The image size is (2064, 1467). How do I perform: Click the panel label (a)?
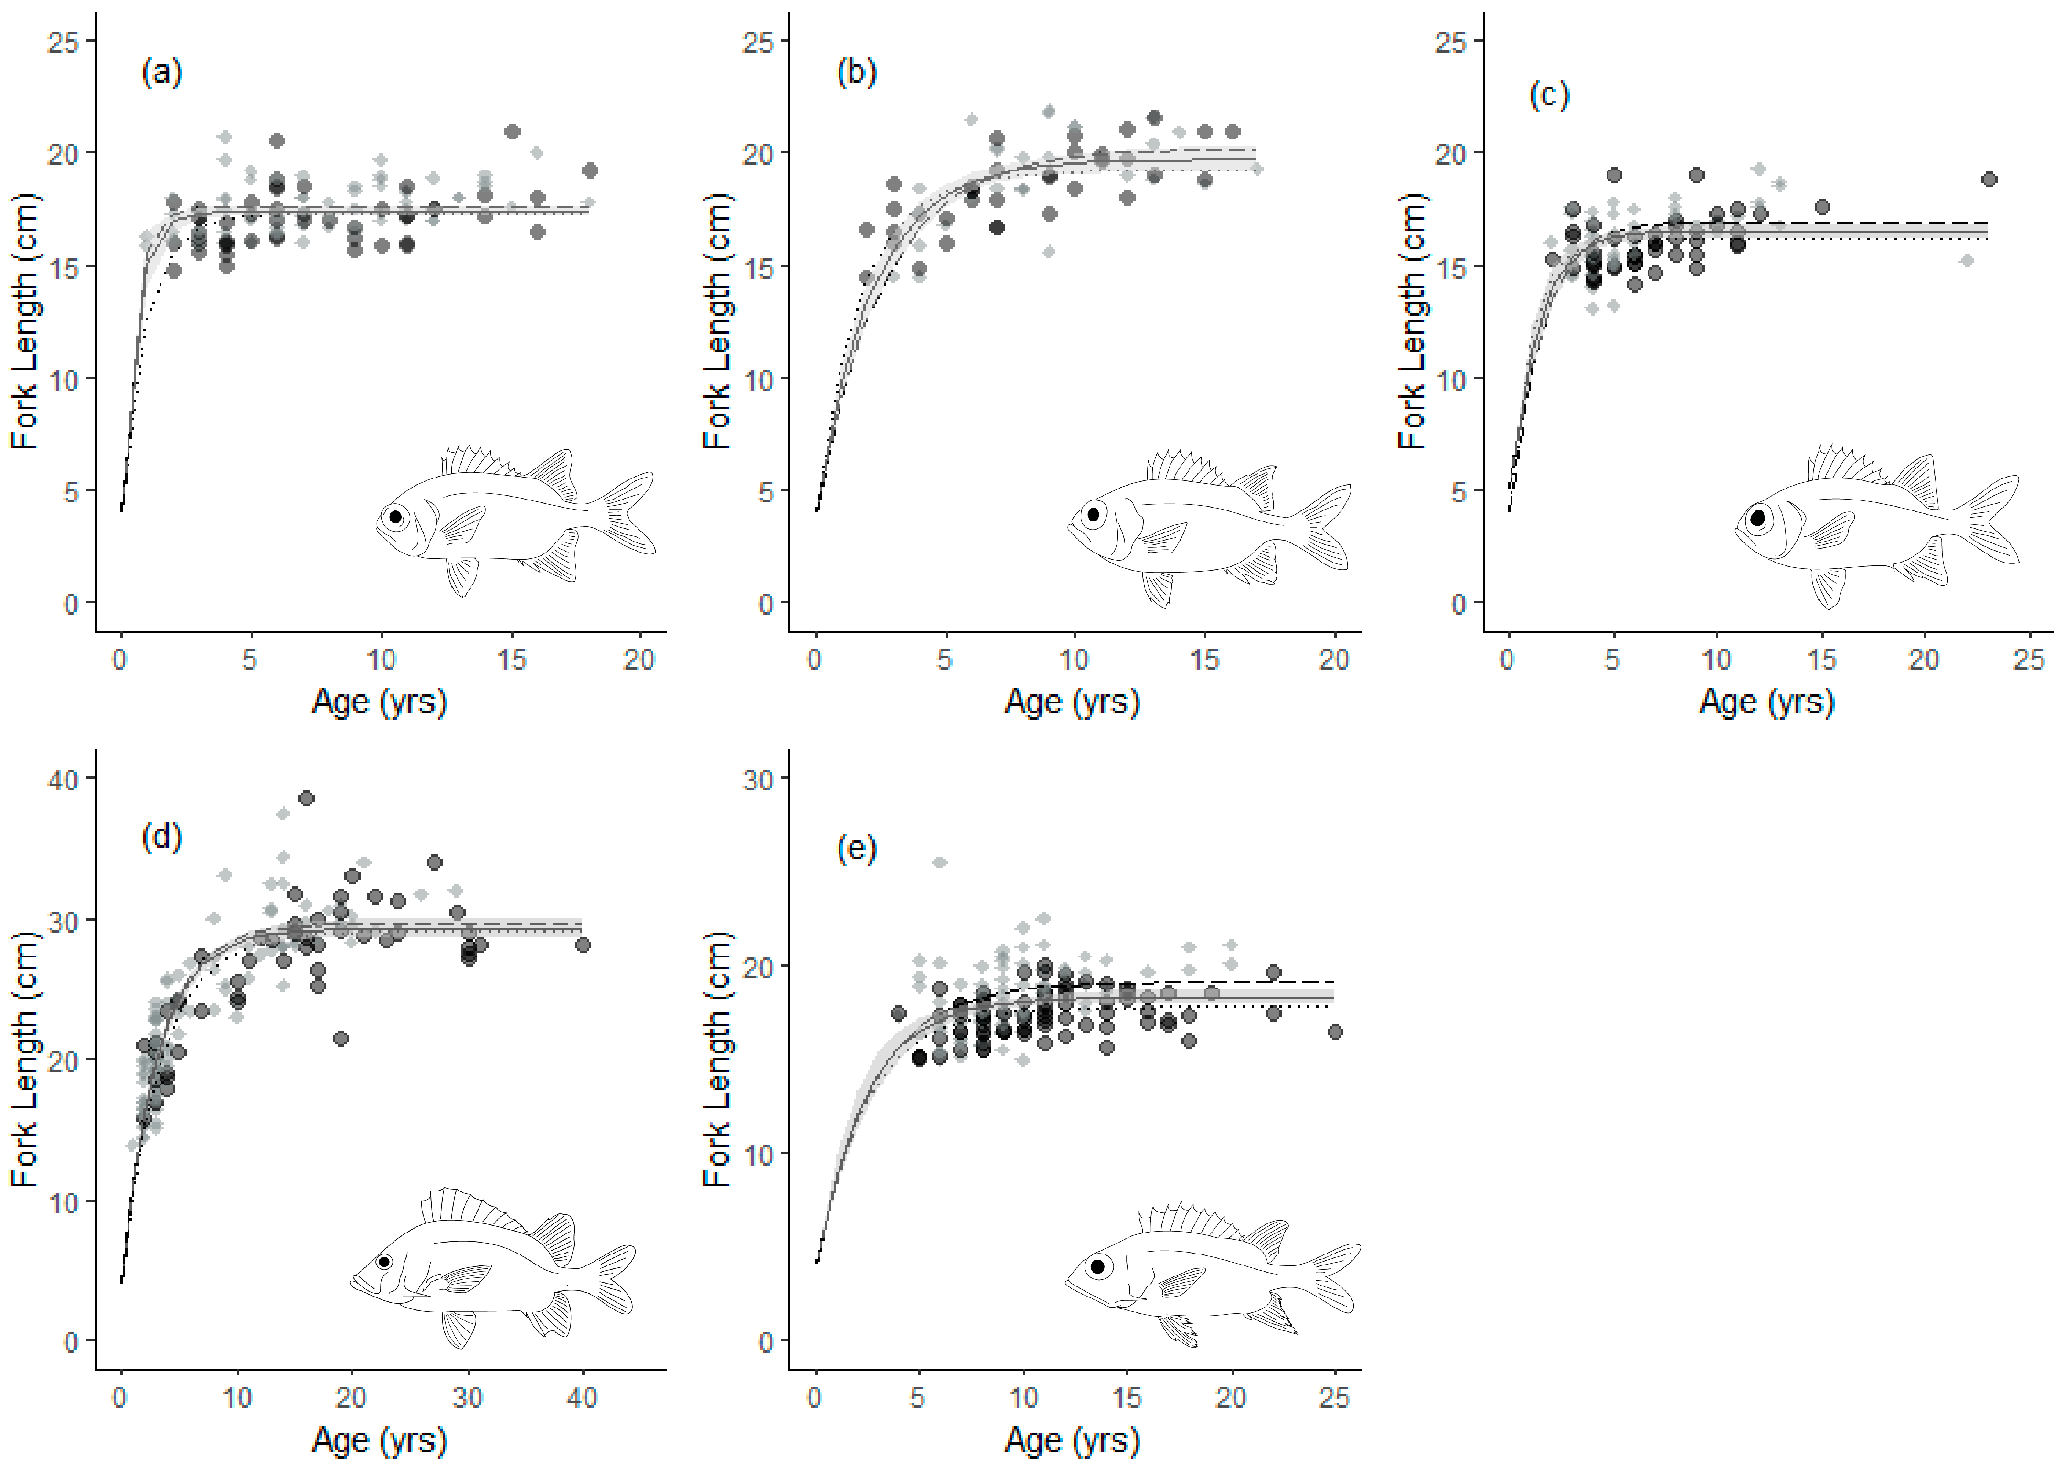point(162,72)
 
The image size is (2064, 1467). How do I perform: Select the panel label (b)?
point(856,72)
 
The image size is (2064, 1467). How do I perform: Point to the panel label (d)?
point(162,838)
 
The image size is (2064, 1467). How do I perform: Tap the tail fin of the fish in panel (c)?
point(1992,520)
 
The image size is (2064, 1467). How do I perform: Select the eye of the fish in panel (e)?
point(1097,1266)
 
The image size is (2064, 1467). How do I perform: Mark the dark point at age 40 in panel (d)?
point(583,945)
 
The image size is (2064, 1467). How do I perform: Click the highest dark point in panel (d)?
point(306,797)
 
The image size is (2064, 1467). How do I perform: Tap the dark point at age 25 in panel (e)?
point(1334,1031)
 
